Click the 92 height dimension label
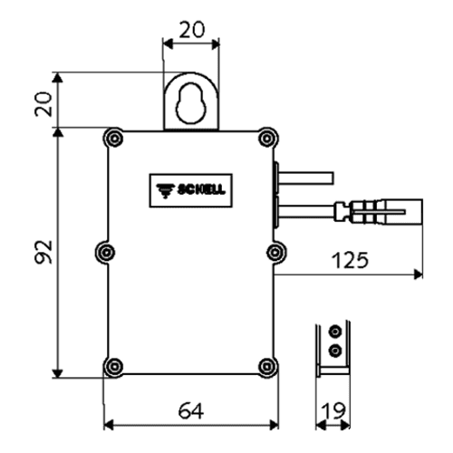pos(43,252)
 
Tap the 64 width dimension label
pos(191,410)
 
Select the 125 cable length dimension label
pos(350,260)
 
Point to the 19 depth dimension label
pos(333,410)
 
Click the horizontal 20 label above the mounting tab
pos(192,30)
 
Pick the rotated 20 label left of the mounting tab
pos(43,104)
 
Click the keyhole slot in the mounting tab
pos(191,102)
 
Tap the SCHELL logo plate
pos(191,190)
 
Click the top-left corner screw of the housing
pos(114,139)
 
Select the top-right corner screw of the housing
pos(267,139)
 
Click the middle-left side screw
pos(105,252)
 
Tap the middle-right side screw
pos(275,252)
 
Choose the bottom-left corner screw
pos(114,366)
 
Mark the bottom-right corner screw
pos(267,366)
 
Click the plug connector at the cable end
pos(379,211)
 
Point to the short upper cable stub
pos(306,178)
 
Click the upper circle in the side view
pos(334,332)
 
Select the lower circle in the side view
pos(334,351)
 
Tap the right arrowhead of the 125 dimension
pos(419,275)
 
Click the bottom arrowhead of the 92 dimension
pos(57,373)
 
